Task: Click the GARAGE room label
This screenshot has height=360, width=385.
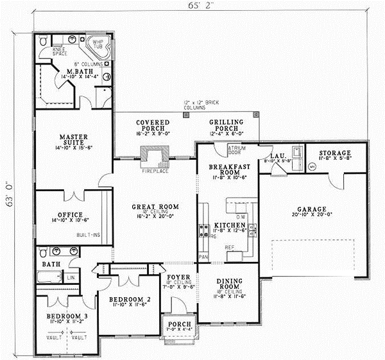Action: coord(312,209)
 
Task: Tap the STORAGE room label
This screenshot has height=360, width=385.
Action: coord(335,153)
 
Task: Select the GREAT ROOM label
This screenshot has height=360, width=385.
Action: coord(155,207)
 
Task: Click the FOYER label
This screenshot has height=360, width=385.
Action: coord(176,278)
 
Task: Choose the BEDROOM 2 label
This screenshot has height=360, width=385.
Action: coord(121,298)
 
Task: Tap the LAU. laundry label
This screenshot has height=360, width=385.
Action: coord(277,156)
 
